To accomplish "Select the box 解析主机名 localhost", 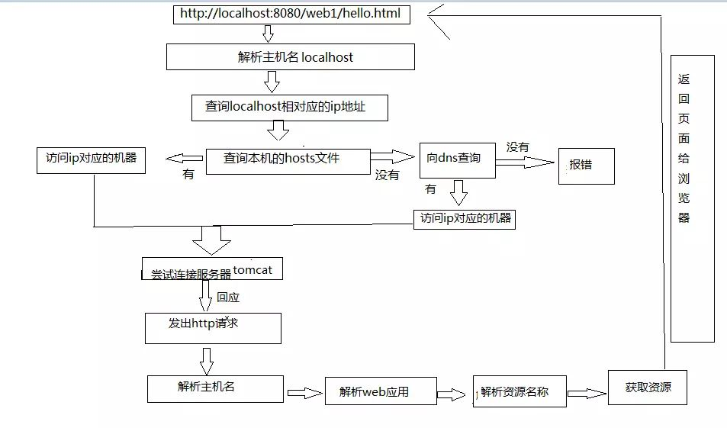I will [x=291, y=57].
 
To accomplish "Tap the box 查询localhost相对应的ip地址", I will [x=290, y=108].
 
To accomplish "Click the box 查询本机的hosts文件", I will [x=288, y=159].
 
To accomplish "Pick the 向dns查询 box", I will [x=457, y=159].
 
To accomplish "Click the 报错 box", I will [x=586, y=166].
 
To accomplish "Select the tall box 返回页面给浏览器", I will [x=693, y=198].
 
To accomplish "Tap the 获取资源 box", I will [x=648, y=387].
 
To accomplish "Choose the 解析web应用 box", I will [x=380, y=392].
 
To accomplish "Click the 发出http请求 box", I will [x=213, y=327].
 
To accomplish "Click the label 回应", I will [x=228, y=297].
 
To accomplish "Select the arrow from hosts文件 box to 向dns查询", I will [x=392, y=156].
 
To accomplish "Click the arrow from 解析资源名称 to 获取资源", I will [x=587, y=393].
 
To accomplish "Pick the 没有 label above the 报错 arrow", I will [x=518, y=146].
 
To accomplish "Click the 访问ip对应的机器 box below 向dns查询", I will [x=465, y=219].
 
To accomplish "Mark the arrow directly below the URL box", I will [x=268, y=33].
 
